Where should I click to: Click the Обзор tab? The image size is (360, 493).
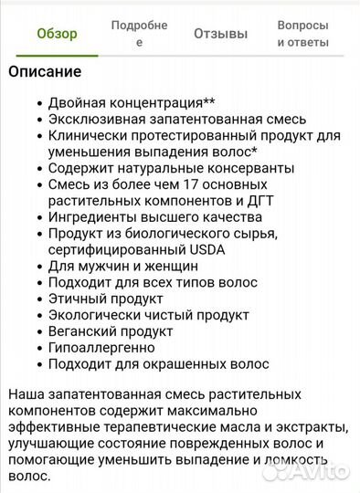57,34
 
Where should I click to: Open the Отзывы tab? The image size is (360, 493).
220,34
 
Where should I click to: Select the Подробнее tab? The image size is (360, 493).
139,34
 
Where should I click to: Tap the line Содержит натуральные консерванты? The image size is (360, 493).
171,168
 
